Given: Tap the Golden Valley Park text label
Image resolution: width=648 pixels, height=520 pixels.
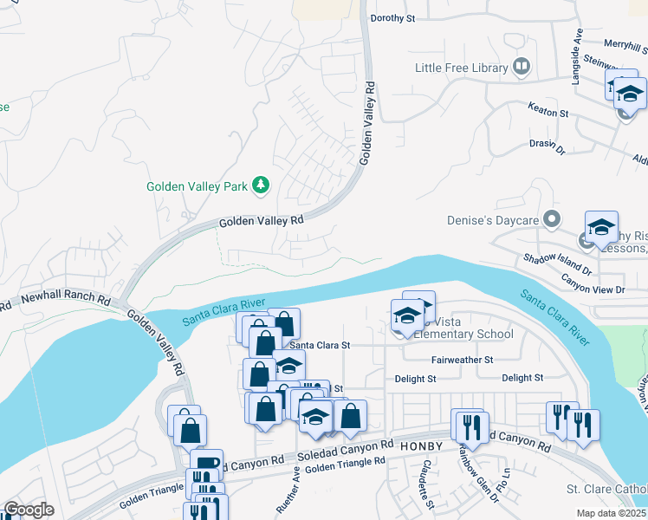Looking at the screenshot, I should point(197,186).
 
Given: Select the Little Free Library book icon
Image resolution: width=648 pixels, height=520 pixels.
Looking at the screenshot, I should point(521,66).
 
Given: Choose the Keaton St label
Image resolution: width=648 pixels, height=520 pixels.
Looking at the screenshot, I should point(548,113).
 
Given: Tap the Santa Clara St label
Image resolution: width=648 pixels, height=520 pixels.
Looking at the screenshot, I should point(320,344).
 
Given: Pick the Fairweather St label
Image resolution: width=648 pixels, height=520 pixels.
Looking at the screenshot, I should point(462,360).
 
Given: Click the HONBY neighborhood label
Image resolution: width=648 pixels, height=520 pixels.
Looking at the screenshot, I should point(421,445).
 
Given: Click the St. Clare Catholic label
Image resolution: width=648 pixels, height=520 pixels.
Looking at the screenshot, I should point(606,490).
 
